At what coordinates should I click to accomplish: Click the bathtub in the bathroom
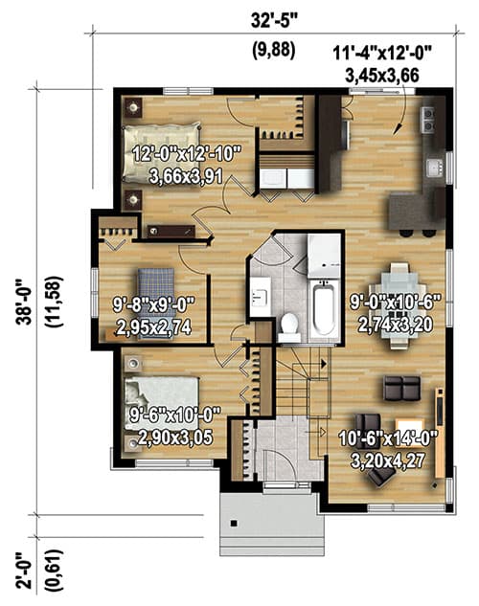pos(324,309)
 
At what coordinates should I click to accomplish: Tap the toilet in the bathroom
pos(288,325)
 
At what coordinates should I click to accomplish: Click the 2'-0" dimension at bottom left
pos(19,568)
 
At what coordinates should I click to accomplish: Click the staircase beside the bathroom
pos(297,378)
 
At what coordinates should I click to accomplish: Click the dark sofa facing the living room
pos(400,388)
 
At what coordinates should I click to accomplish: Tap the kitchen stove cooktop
pos(428,120)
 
